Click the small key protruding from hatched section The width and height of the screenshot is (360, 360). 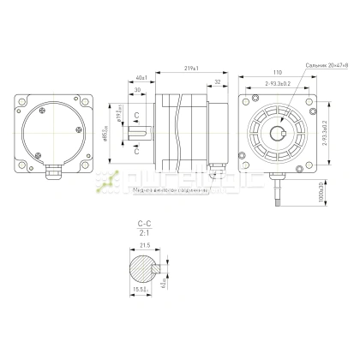(157, 268)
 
